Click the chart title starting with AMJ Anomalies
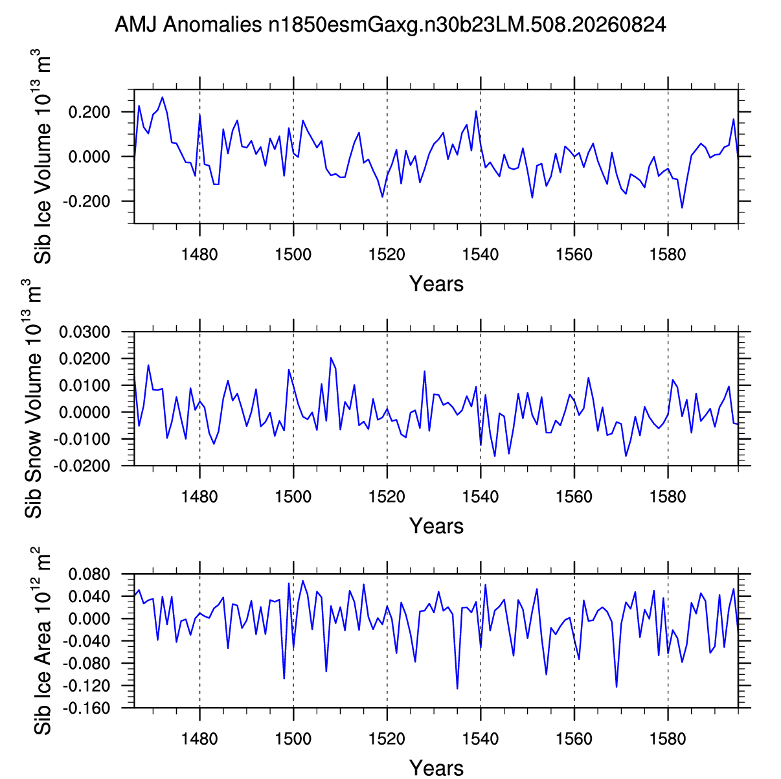(390, 25)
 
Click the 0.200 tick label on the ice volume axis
(89, 112)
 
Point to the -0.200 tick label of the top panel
(86, 201)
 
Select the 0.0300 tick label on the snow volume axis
(84, 332)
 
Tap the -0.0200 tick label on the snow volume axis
(82, 466)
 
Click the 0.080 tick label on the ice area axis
(89, 574)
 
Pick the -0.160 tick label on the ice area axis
(86, 708)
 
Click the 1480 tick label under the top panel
(199, 254)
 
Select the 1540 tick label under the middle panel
(481, 497)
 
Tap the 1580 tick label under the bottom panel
(668, 738)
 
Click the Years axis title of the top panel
(436, 284)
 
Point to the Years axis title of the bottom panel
(436, 768)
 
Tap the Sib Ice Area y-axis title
(42, 640)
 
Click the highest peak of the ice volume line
(162, 97)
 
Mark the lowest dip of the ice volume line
(682, 207)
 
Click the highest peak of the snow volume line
(331, 357)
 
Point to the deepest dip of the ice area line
(457, 688)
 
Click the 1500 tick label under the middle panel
(293, 497)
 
